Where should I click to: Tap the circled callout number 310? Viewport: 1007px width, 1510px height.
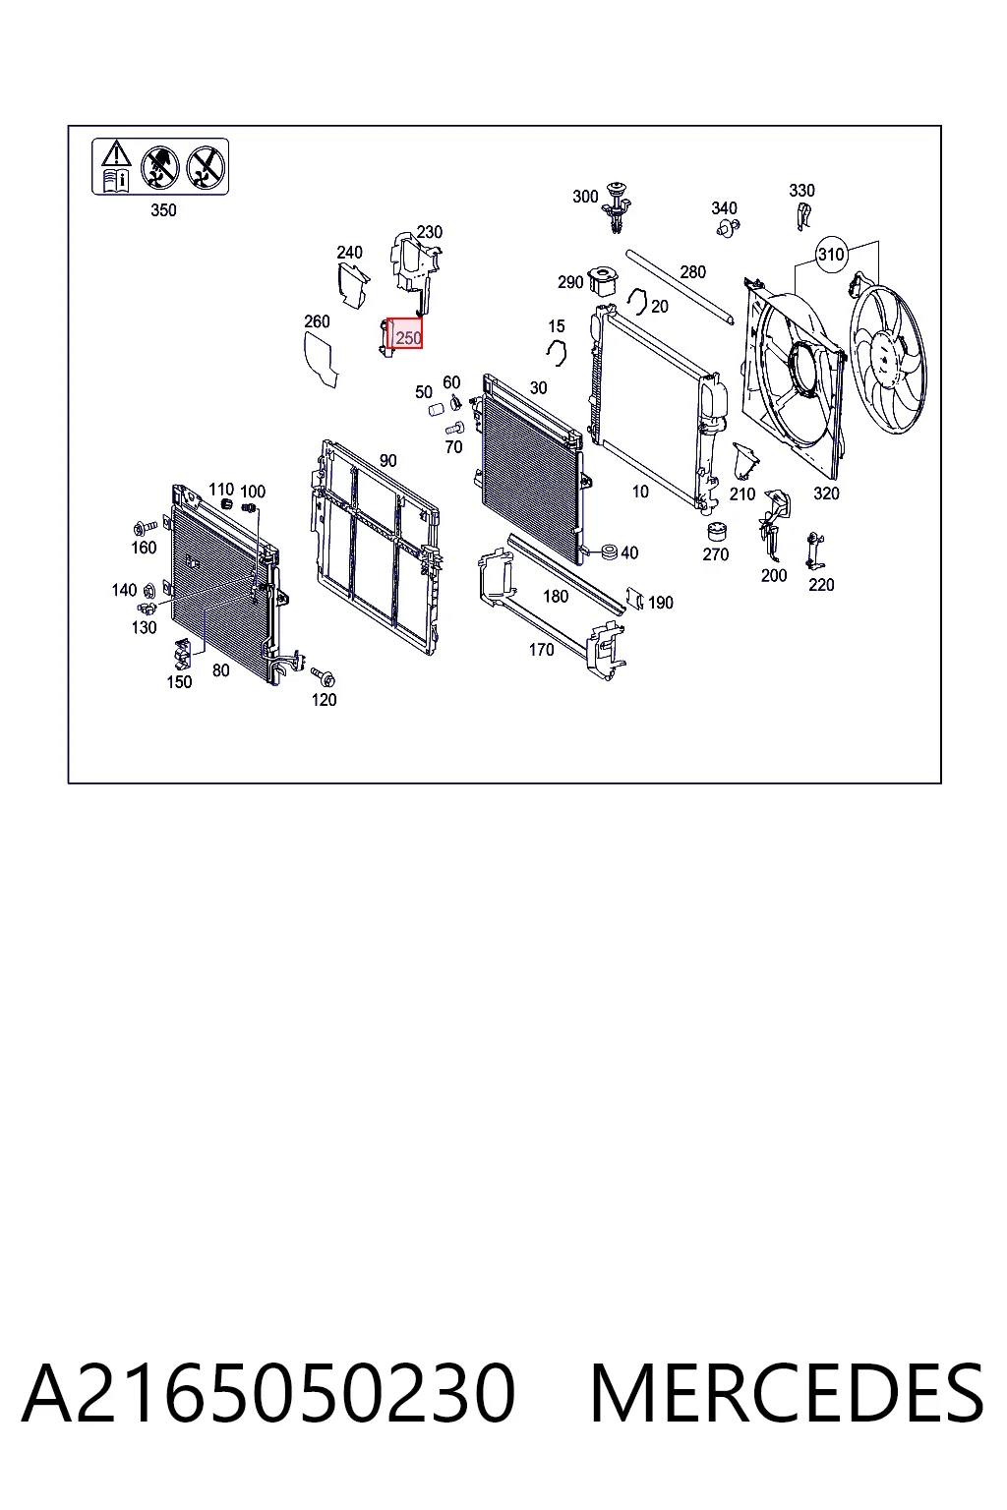[x=831, y=255]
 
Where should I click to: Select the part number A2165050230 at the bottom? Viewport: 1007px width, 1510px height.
[x=268, y=1393]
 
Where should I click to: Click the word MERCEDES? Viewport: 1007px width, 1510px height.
[x=787, y=1393]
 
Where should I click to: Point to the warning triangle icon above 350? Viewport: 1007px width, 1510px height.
[x=116, y=153]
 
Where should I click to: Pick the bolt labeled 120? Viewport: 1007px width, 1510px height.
[x=324, y=676]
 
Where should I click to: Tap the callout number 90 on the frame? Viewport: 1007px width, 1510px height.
[x=387, y=460]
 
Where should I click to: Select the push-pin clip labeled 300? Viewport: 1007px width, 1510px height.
[x=617, y=205]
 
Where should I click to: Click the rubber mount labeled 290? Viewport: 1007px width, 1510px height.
[x=603, y=281]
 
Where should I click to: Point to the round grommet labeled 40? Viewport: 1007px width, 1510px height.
[x=609, y=552]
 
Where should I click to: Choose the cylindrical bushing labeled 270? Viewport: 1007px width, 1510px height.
[x=716, y=532]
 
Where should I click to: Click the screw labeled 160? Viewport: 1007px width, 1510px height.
[x=146, y=526]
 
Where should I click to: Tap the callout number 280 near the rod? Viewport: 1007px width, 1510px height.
[x=692, y=271]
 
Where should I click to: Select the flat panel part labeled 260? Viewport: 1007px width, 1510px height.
[x=321, y=359]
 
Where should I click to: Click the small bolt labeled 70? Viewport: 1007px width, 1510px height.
[x=454, y=428]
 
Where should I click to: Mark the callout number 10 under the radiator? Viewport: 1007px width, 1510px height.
[x=640, y=492]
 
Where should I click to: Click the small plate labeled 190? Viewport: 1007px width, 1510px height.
[x=635, y=597]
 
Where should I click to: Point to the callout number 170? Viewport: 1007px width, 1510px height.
[x=542, y=649]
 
